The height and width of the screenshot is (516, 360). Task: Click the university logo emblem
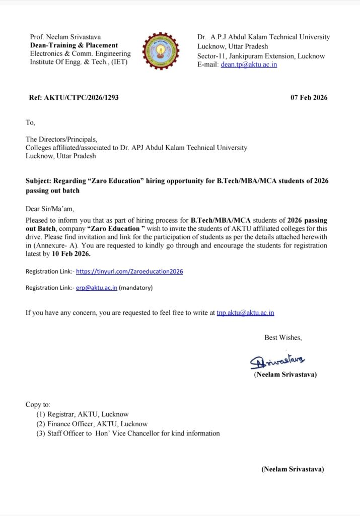[x=161, y=51]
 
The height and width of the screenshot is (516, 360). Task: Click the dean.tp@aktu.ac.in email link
[x=249, y=64]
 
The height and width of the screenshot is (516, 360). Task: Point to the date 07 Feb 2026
[x=309, y=97]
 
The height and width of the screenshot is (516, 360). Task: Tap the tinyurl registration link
[x=129, y=271]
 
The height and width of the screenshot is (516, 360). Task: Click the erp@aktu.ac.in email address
[x=97, y=288]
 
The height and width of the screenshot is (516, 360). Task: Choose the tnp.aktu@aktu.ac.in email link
[x=245, y=312]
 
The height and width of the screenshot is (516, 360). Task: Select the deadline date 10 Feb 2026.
[x=75, y=254]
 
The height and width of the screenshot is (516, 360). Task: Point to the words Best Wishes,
[x=283, y=338]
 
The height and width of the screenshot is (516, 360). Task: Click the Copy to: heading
[x=38, y=405]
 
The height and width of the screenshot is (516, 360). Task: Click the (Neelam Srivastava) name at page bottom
[x=292, y=469]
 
